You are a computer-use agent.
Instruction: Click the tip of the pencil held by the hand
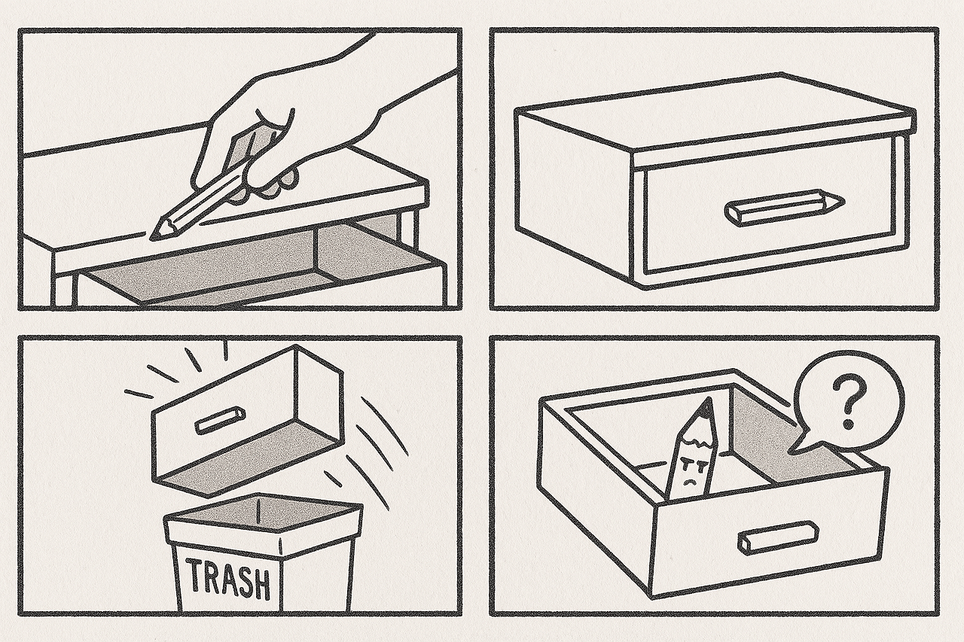click(x=151, y=237)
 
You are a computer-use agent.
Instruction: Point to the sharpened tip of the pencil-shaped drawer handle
click(x=842, y=201)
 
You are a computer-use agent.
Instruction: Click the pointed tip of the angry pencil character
click(x=707, y=402)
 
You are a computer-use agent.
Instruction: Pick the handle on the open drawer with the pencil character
click(x=778, y=537)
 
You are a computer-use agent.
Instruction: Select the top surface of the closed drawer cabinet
click(x=715, y=113)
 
